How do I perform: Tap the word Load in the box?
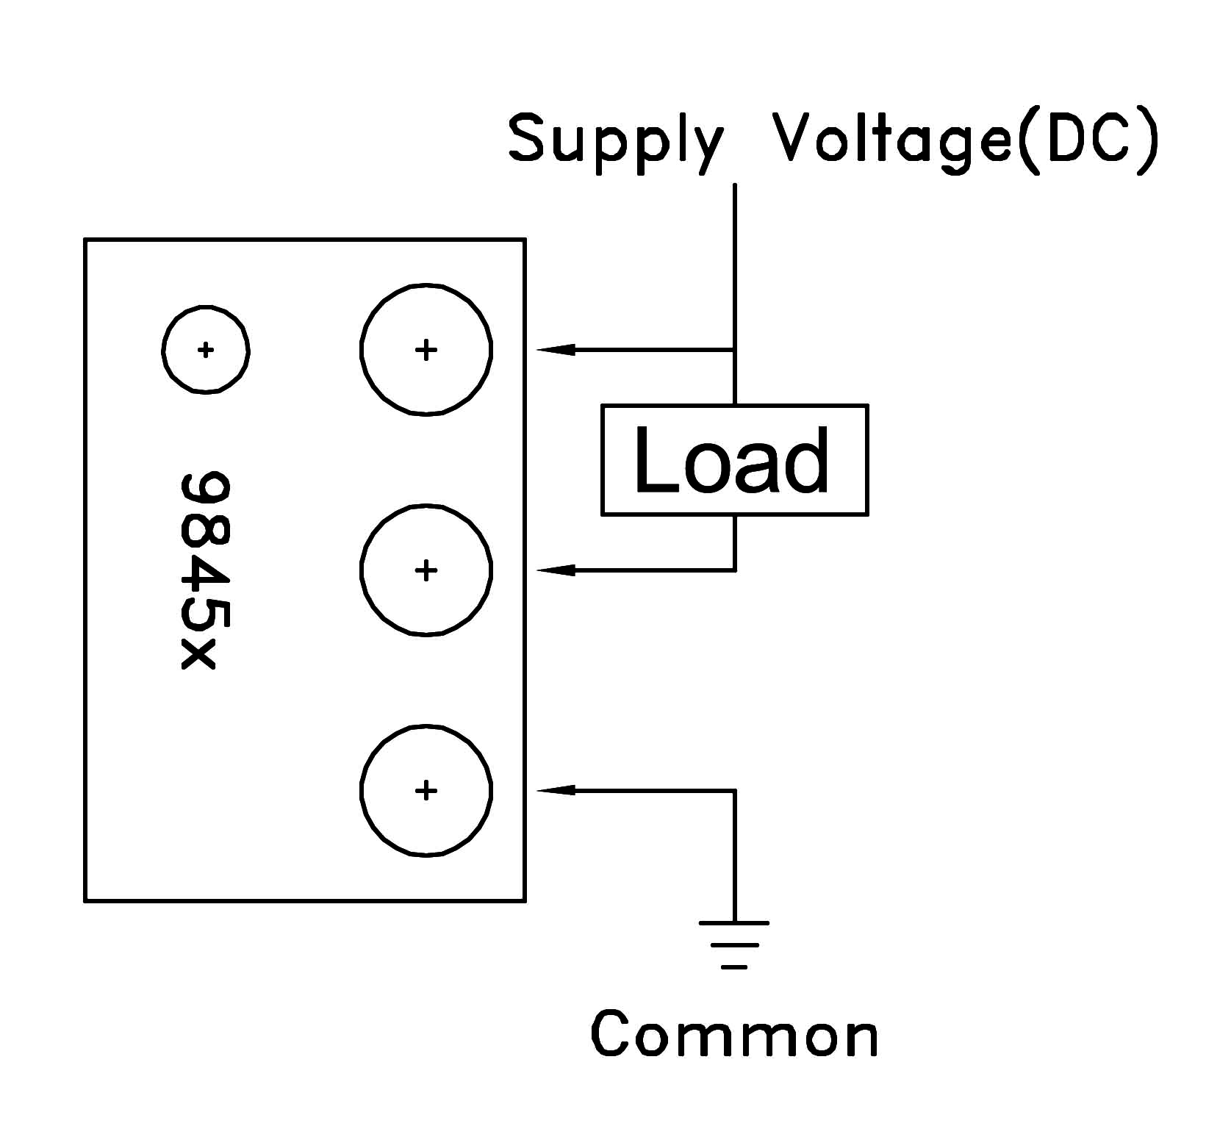732,460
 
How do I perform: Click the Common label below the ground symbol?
735,1034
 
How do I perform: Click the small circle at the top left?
206,350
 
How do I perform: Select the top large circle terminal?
426,350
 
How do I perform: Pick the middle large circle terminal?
426,570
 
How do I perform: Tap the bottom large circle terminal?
426,790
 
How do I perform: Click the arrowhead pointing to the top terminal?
556,350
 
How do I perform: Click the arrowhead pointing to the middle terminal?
556,570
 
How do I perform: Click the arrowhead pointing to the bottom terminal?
556,790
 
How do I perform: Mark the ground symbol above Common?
734,944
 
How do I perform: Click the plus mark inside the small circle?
206,350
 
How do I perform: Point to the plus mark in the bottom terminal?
426,790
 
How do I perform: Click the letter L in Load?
652,460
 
